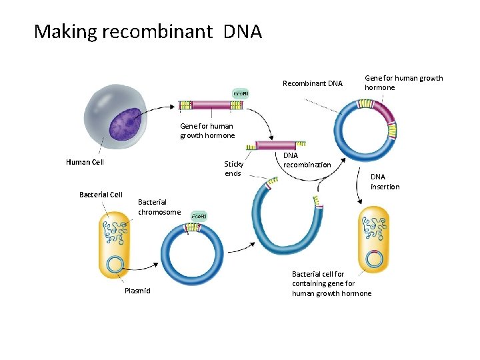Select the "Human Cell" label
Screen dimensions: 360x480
click(x=85, y=161)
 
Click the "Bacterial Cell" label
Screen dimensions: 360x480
click(x=101, y=195)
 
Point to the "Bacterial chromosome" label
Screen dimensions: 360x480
click(x=159, y=207)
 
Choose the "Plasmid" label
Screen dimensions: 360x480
click(x=137, y=291)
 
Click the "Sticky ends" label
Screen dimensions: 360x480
click(x=234, y=169)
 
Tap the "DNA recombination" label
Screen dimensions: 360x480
click(x=307, y=160)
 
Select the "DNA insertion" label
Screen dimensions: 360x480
click(x=385, y=181)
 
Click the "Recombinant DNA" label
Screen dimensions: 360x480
click(x=312, y=83)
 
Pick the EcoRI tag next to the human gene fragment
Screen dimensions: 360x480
click(x=240, y=93)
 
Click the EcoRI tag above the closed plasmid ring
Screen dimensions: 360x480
click(x=199, y=216)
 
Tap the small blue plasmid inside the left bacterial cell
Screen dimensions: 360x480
click(x=115, y=264)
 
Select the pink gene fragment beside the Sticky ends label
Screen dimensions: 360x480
click(x=276, y=145)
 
